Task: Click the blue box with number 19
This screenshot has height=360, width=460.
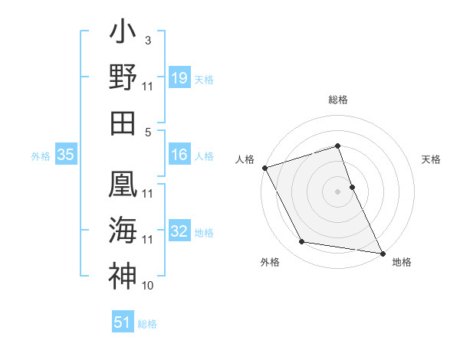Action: [179, 77]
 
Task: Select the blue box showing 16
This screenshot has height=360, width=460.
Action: [179, 155]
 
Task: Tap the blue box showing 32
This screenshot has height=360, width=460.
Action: [179, 231]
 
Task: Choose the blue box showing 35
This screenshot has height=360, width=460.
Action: [66, 155]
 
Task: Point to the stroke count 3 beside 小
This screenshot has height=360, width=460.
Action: [147, 39]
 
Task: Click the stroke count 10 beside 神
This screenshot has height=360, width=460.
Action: [148, 286]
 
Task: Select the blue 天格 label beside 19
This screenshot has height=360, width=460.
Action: [204, 79]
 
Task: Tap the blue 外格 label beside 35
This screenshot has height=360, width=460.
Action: [41, 155]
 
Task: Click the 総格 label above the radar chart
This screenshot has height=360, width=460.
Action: [338, 100]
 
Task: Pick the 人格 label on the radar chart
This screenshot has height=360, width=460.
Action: [245, 159]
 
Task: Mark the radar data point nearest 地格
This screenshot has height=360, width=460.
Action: [382, 252]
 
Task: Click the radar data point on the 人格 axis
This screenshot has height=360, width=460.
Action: [264, 167]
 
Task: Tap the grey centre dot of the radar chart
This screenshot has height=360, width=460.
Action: [338, 191]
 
